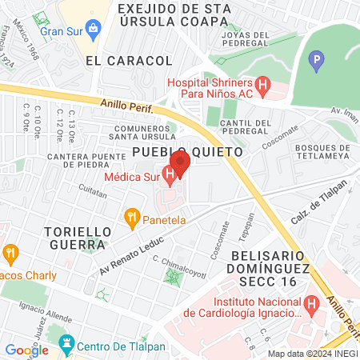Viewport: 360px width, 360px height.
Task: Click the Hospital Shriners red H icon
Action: coord(262,84)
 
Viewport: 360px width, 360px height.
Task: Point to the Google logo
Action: coord(26,350)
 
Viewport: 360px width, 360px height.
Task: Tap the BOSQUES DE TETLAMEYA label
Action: coord(324,154)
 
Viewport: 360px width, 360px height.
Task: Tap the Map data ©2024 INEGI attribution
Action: coord(312,354)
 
